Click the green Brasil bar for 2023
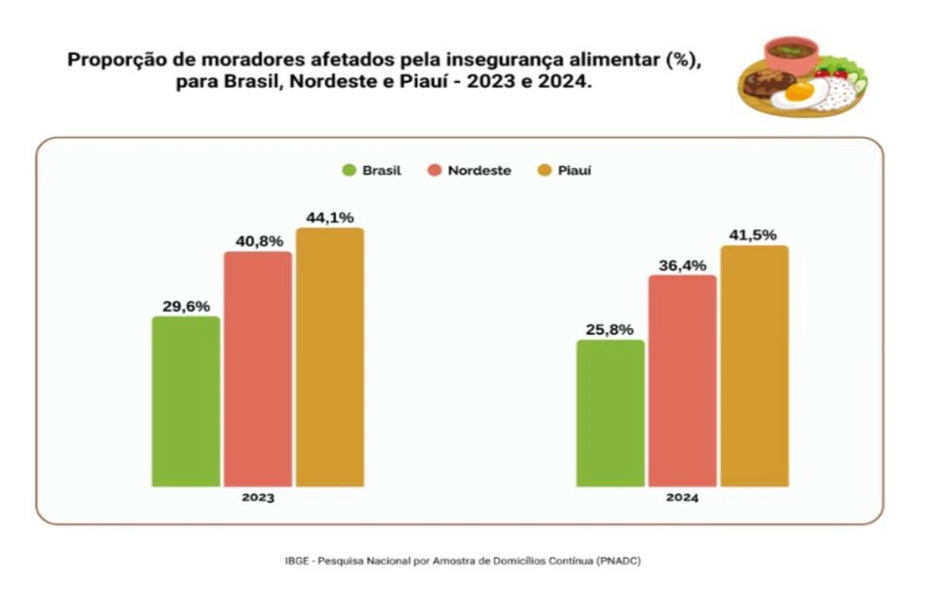[x=186, y=401]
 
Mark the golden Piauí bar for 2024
[x=755, y=366]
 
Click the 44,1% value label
[x=330, y=217]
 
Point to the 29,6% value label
[x=186, y=306]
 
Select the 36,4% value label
[x=683, y=265]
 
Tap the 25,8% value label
[x=611, y=329]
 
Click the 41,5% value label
[x=755, y=234]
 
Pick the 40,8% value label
[x=258, y=240]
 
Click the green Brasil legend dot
[x=348, y=170]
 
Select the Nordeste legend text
[x=479, y=170]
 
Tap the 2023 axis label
[x=258, y=497]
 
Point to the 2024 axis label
[x=683, y=497]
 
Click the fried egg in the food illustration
[x=799, y=94]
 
